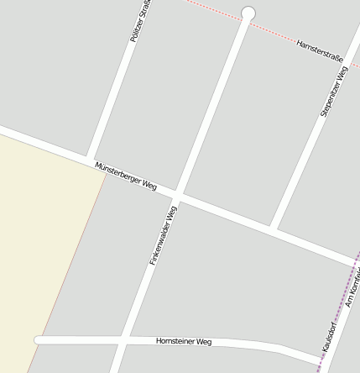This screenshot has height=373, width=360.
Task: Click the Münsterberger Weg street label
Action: pyautogui.click(x=126, y=175)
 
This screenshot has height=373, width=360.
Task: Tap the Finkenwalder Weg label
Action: pyautogui.click(x=164, y=236)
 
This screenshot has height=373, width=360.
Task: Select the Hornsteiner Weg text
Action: pyautogui.click(x=184, y=342)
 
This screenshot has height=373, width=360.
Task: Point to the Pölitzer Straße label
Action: pyautogui.click(x=140, y=22)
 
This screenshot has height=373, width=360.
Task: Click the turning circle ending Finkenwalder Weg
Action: pyautogui.click(x=248, y=13)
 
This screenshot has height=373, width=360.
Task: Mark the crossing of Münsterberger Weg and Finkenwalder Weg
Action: pyautogui.click(x=177, y=197)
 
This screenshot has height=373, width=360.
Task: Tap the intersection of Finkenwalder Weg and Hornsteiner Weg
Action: pyautogui.click(x=123, y=340)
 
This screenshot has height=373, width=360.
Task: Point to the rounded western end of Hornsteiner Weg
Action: pyautogui.click(x=38, y=340)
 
